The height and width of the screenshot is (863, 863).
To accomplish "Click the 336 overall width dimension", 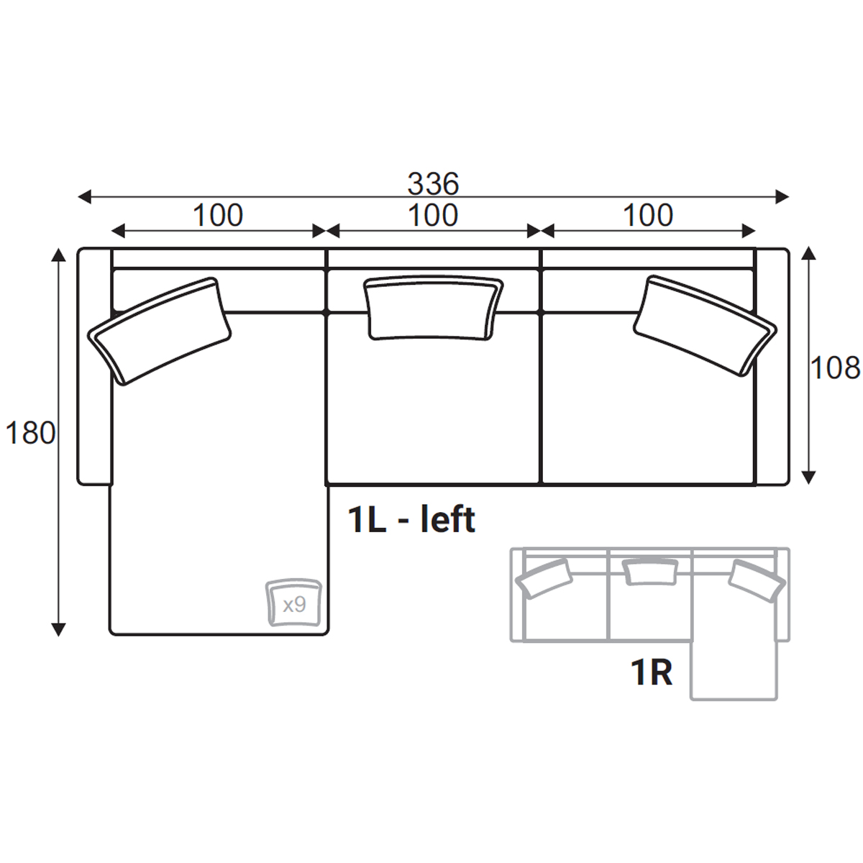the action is coord(433,183).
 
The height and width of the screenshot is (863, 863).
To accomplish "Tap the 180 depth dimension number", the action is coord(30,434).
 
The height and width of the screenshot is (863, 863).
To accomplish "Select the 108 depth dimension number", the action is coord(835,368).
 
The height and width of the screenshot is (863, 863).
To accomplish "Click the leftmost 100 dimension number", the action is coord(218,215).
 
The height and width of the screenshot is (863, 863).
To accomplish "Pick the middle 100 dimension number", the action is coord(433,215).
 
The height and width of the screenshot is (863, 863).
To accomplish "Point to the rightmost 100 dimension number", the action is coord(647,215).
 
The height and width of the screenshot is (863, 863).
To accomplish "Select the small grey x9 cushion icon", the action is coord(294,603).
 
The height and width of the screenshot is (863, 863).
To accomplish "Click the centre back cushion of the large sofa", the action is coord(434,309).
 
